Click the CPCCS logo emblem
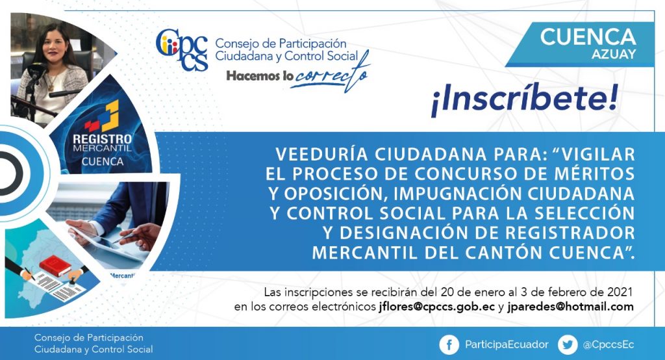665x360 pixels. click(182, 49)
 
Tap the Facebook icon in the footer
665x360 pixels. click(449, 344)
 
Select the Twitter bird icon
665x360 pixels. click(568, 344)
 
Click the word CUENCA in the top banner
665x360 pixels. click(588, 37)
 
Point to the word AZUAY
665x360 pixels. click(614, 55)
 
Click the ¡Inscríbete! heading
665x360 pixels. click(524, 100)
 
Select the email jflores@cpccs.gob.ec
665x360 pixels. click(437, 307)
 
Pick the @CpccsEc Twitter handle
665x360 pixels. click(609, 344)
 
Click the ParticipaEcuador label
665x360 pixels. click(507, 344)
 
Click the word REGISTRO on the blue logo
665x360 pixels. click(102, 139)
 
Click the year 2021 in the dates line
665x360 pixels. click(620, 292)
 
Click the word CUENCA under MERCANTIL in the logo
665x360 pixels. click(103, 162)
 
